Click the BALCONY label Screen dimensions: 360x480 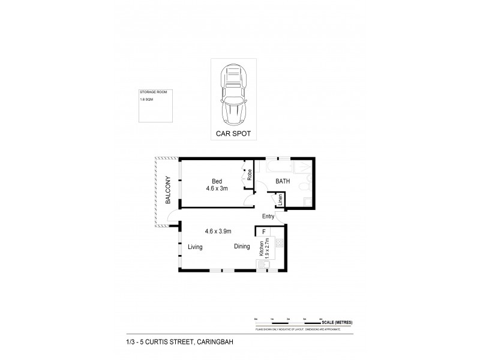point(169,191)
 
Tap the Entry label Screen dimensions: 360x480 point(268,217)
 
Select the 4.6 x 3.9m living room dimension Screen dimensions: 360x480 point(218,231)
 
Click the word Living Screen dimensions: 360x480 point(195,247)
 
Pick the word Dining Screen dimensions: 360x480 point(242,247)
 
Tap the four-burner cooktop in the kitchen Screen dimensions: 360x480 point(279,244)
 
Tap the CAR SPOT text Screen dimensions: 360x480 point(233,135)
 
